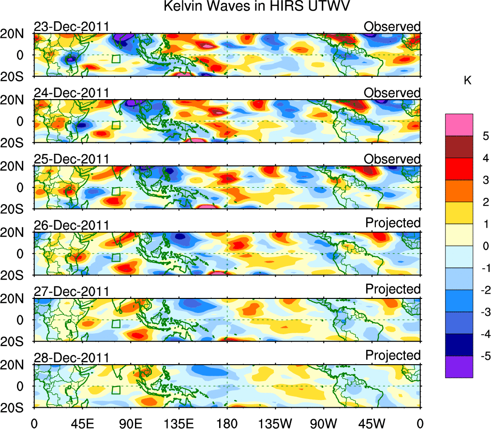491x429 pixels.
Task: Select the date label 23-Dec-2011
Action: (x=71, y=27)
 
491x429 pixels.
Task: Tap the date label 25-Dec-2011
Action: (x=71, y=159)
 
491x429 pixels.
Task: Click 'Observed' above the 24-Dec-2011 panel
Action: (x=392, y=92)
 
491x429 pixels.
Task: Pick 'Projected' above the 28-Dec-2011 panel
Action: (x=393, y=355)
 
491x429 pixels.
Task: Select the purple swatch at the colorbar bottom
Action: (x=459, y=367)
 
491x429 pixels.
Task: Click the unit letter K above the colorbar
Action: (x=467, y=81)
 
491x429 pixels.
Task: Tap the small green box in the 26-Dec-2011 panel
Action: (x=116, y=257)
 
